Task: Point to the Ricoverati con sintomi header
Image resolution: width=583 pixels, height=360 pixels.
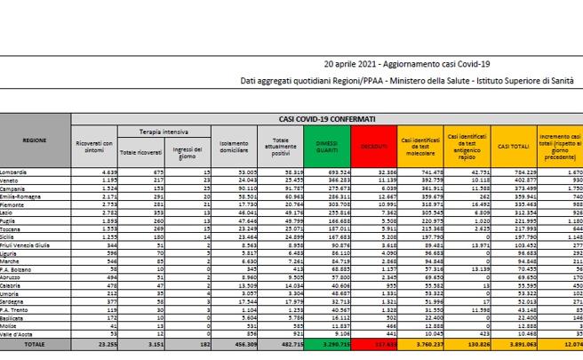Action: click(x=93, y=144)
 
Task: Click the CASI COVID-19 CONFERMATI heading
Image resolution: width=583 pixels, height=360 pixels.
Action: click(x=325, y=118)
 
